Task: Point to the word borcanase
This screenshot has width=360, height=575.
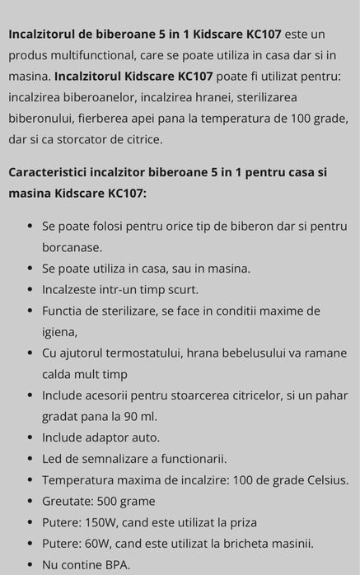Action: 72,247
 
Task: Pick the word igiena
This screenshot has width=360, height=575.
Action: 59,332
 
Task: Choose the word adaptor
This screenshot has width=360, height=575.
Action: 110,437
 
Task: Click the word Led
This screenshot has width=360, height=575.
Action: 53,458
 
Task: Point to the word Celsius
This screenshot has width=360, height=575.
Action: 324,479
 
